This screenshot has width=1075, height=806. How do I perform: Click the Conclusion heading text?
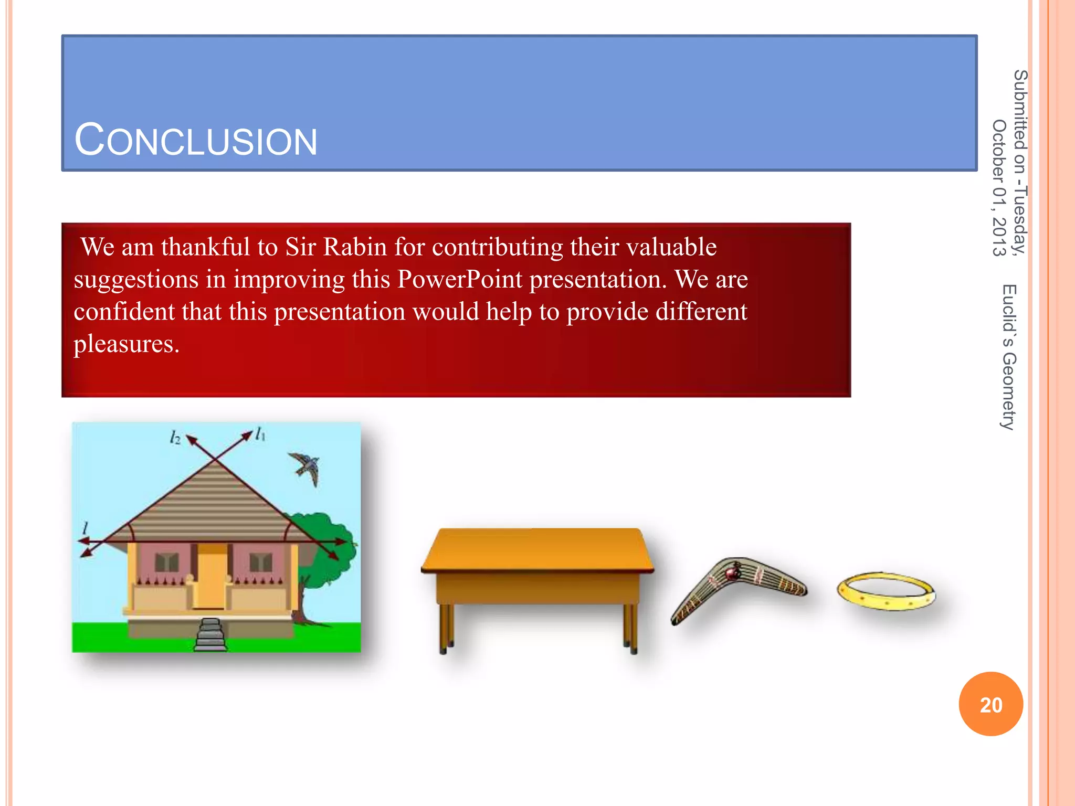pos(196,140)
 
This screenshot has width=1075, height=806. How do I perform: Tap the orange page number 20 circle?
pos(990,704)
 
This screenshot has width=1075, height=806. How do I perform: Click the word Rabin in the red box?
pos(355,247)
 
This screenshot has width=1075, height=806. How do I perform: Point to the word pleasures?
pos(126,344)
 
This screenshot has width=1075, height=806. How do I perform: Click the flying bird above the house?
pos(305,467)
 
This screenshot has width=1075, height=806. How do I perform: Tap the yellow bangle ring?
pos(886,591)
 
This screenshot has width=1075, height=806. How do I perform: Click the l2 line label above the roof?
pos(175,437)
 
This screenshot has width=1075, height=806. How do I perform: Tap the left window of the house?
pos(167,563)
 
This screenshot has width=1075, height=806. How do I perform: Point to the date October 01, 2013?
pos(998,187)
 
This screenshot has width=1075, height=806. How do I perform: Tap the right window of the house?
pos(260,563)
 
